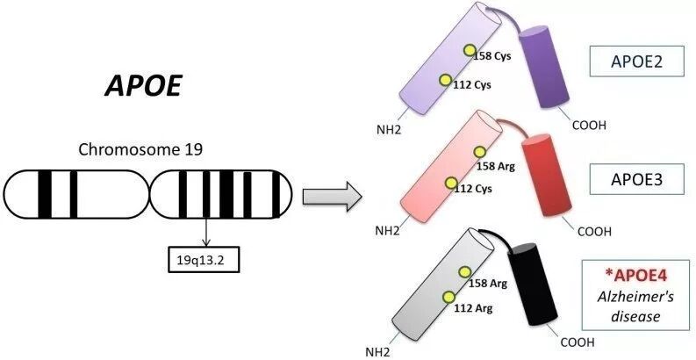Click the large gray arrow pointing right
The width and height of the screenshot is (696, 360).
click(x=332, y=196)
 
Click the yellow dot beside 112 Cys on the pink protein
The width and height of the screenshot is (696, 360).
click(x=452, y=184)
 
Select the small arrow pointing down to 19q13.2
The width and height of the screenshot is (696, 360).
click(x=204, y=232)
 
